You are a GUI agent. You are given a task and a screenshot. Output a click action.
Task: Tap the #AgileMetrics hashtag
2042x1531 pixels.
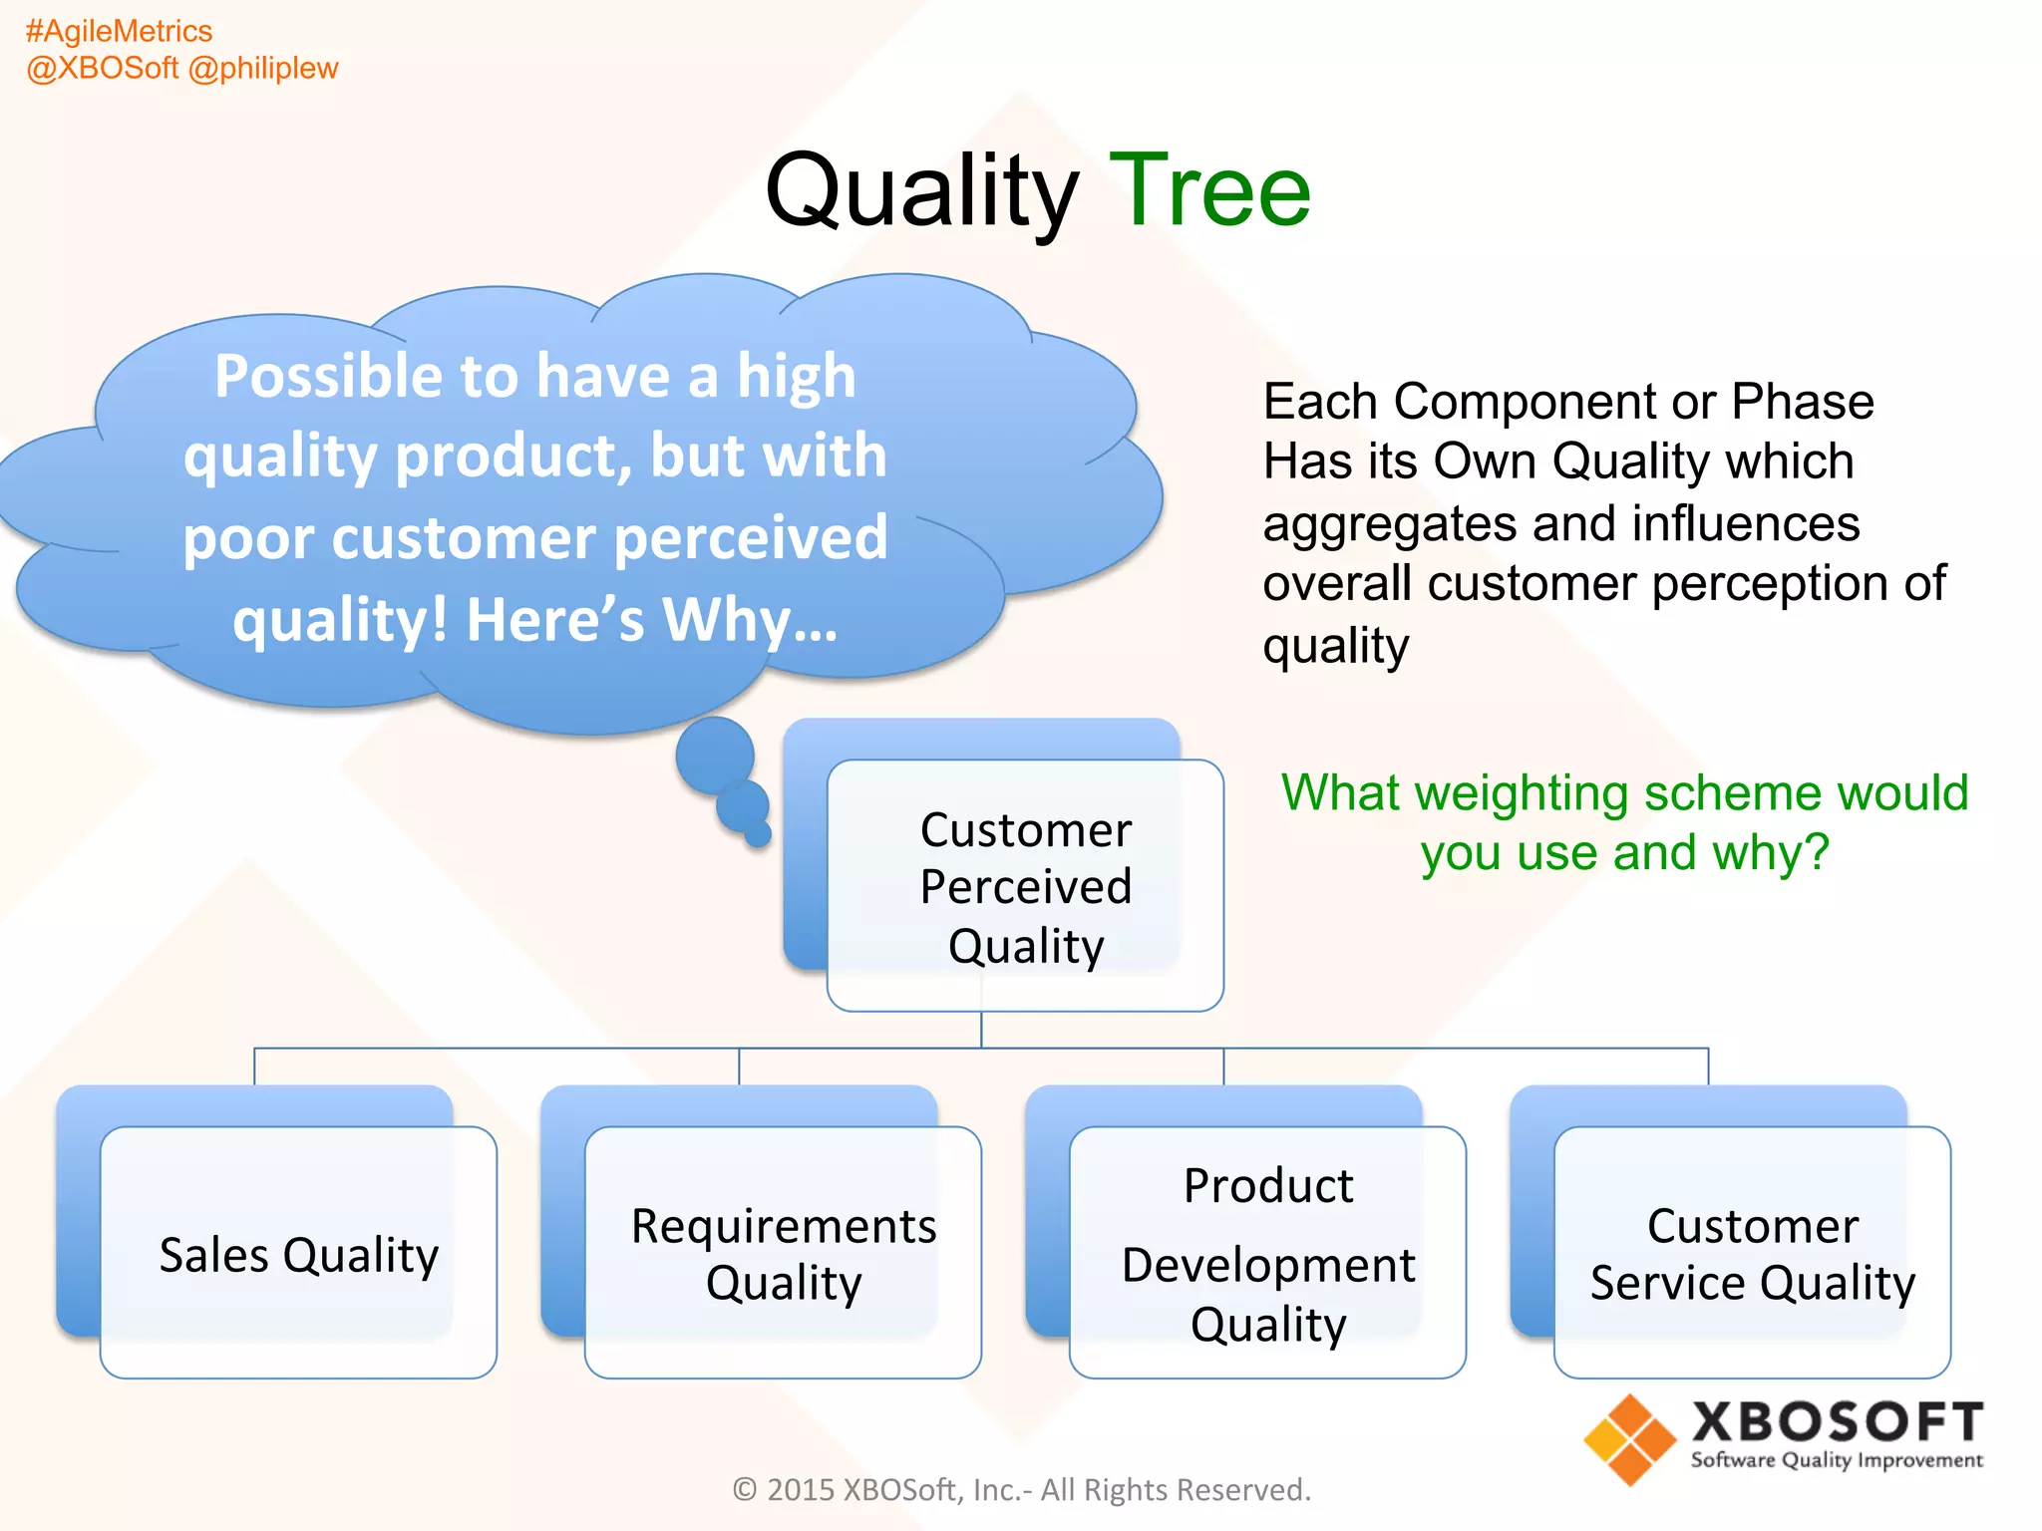tap(119, 31)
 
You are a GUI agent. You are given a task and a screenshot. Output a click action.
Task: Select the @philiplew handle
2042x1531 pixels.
tap(263, 68)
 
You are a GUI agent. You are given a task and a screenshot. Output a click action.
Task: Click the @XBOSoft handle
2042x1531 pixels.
tap(102, 68)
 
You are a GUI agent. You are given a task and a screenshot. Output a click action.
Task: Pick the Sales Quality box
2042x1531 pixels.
tap(298, 1253)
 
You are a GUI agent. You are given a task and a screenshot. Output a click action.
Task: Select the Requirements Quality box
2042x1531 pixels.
tap(783, 1253)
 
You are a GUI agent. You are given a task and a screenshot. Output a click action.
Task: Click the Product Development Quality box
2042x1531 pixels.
tap(1267, 1253)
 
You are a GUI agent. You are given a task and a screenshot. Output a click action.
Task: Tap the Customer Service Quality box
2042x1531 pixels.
tap(1752, 1253)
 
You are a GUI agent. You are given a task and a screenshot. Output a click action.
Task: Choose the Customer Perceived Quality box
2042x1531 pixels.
tap(1025, 886)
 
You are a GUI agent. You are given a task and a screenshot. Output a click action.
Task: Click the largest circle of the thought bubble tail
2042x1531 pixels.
tap(715, 756)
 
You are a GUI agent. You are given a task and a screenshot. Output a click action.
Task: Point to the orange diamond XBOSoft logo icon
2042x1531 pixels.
tap(1629, 1439)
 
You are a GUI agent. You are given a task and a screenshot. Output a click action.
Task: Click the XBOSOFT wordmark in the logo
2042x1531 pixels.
tap(1837, 1421)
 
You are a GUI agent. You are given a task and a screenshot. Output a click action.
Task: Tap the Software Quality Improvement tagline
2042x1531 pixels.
tap(1837, 1460)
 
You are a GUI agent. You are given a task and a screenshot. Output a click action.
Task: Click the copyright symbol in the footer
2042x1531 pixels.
tap(744, 1489)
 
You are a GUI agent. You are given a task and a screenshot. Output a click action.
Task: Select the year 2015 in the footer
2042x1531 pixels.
tap(801, 1489)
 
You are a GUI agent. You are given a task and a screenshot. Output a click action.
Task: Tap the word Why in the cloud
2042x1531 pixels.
tap(726, 619)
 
